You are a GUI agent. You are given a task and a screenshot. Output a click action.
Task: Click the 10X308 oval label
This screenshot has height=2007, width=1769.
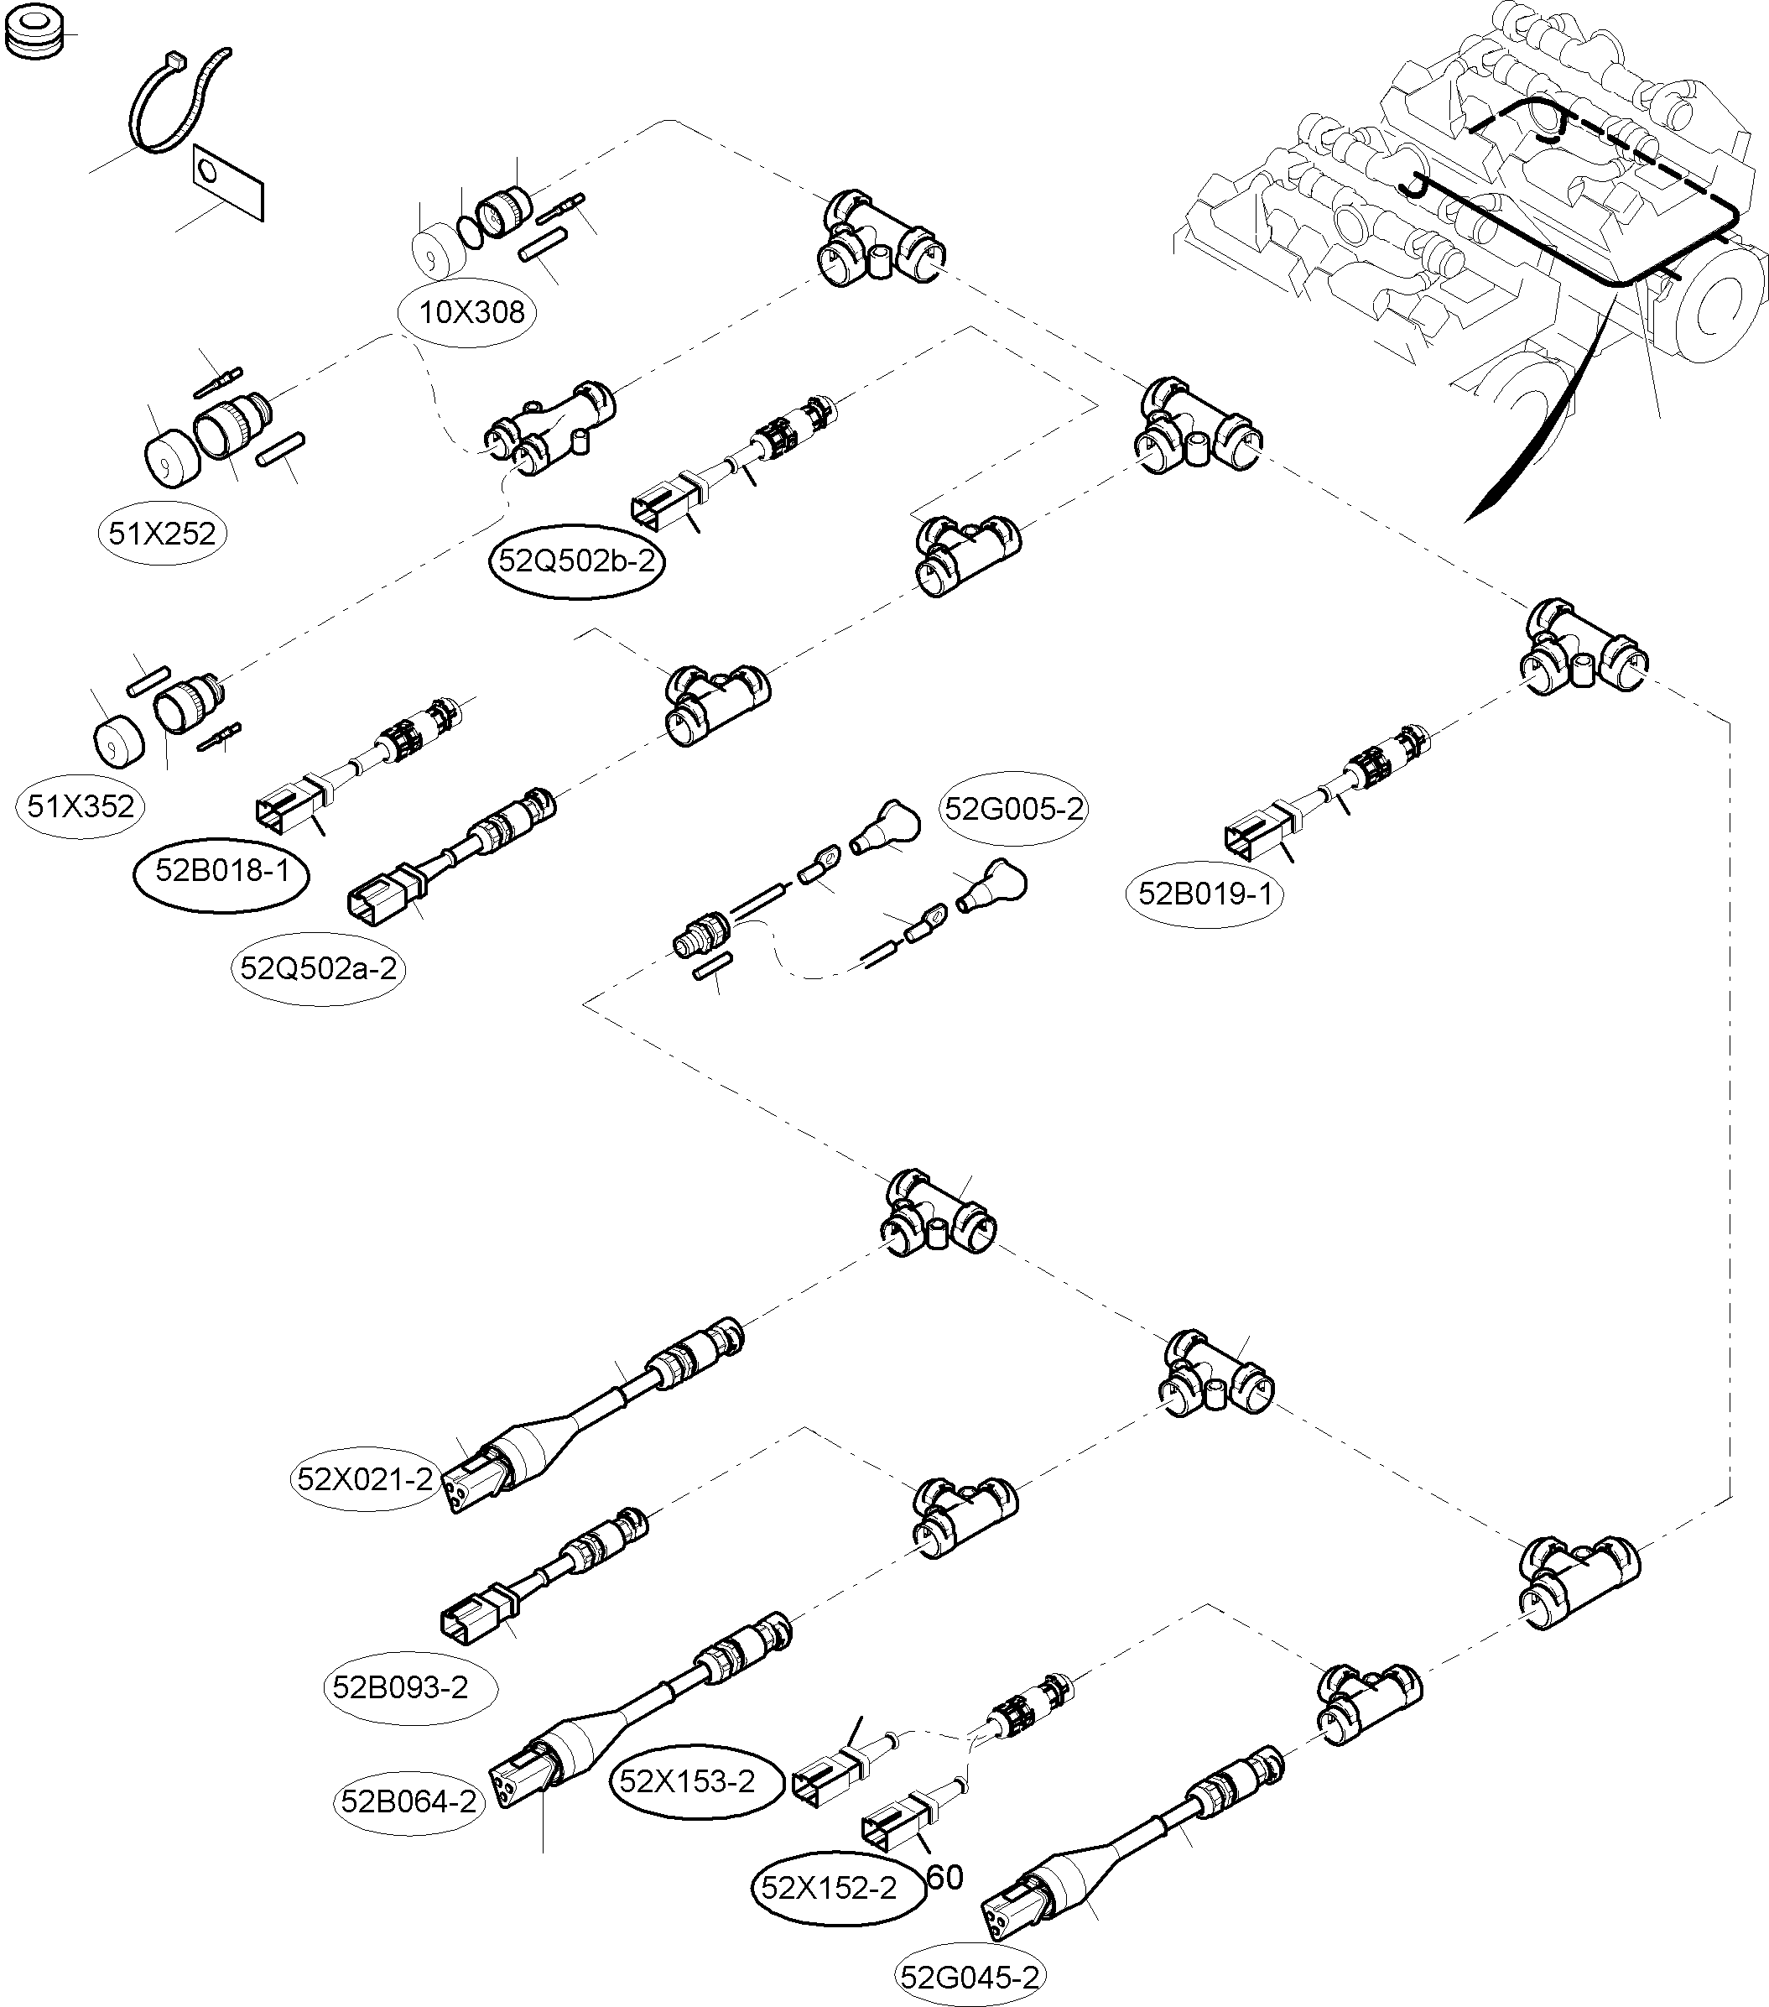[x=472, y=313]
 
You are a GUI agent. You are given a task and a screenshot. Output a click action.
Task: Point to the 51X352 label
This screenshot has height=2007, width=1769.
[x=81, y=806]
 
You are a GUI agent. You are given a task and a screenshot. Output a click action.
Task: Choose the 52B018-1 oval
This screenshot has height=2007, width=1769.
[x=222, y=871]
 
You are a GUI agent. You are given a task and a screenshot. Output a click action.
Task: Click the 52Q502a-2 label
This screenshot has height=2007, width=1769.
[x=318, y=968]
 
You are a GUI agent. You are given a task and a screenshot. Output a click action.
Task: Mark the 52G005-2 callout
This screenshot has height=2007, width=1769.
[x=1014, y=809]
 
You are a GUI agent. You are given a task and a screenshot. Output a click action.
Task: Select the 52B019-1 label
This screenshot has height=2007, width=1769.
[x=1204, y=894]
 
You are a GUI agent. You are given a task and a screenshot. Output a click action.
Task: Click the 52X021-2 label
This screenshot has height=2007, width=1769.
[x=365, y=1478]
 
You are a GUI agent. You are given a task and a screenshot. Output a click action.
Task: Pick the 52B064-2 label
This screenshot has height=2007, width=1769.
[x=408, y=1801]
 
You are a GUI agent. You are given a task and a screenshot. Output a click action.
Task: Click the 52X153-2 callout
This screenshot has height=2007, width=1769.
[x=687, y=1780]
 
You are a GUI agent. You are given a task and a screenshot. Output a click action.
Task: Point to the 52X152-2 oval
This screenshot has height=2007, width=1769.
[x=829, y=1888]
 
